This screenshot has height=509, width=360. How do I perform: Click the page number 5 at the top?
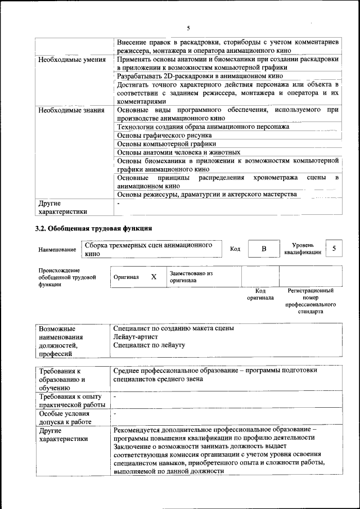[x=188, y=28]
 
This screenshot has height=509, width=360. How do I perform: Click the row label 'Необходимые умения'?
[x=71, y=59]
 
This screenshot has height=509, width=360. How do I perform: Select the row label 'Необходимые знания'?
[x=71, y=110]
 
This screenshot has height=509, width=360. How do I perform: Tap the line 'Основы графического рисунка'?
[x=164, y=135]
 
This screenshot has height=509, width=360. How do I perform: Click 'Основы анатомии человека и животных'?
[x=178, y=152]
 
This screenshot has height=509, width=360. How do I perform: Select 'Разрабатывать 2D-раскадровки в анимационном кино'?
[x=200, y=75]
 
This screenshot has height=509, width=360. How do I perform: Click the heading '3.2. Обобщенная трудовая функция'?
[x=93, y=229]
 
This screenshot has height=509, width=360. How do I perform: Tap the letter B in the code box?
[x=263, y=249]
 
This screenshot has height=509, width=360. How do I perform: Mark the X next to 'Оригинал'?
[x=154, y=277]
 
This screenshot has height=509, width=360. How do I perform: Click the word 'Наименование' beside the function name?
[x=57, y=249]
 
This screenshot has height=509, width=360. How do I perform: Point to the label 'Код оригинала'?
[x=260, y=294]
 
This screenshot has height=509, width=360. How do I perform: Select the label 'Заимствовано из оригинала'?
[x=191, y=276]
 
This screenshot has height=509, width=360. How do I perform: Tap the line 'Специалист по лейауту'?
[x=149, y=345]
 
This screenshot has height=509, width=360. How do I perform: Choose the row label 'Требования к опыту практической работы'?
[x=71, y=401]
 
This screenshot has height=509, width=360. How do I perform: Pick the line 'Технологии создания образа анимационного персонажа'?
[x=203, y=127]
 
